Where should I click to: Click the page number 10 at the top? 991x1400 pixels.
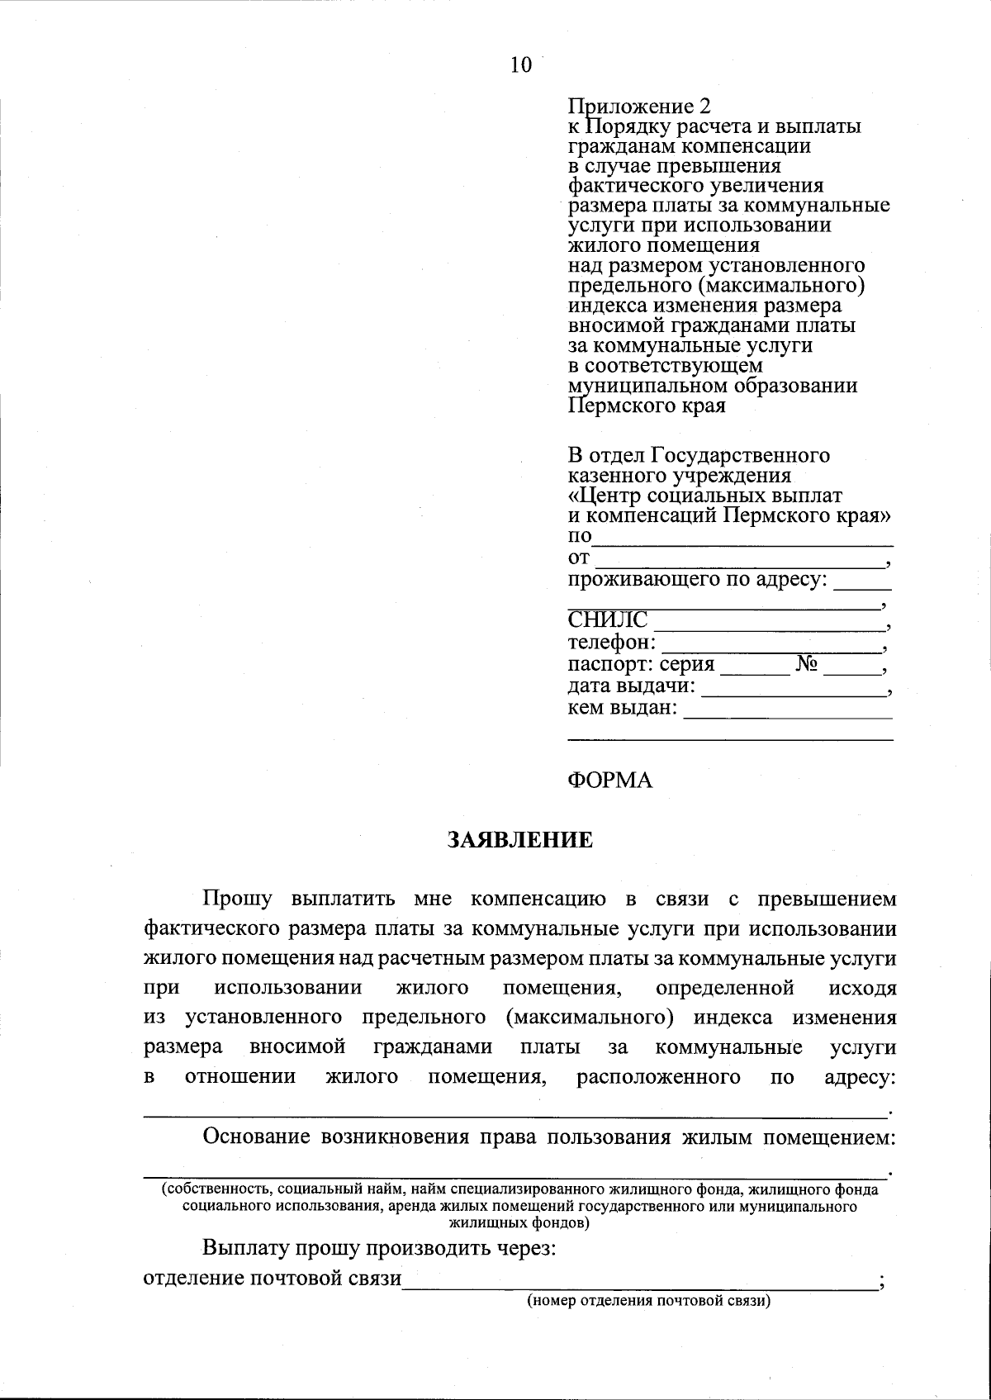point(521,65)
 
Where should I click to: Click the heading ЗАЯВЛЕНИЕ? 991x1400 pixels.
point(520,840)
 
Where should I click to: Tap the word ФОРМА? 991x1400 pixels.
point(610,780)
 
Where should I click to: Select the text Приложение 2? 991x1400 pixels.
point(639,107)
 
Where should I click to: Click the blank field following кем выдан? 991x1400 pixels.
point(788,710)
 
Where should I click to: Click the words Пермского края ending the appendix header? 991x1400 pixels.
point(647,406)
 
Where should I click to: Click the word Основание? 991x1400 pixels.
point(256,1137)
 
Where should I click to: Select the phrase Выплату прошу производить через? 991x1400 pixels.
point(379,1248)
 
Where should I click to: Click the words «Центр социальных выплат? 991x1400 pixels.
point(705,496)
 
